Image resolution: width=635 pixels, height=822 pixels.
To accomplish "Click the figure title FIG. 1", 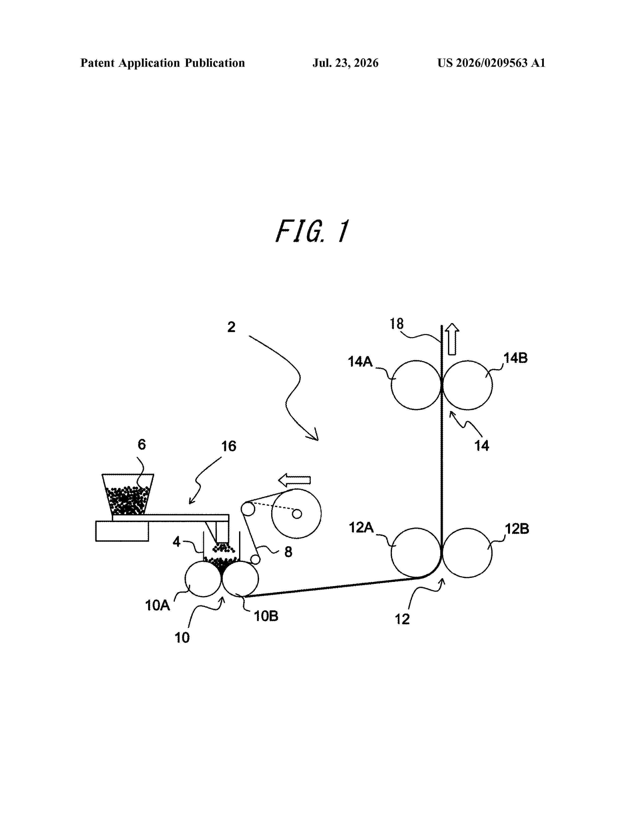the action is coord(312,231).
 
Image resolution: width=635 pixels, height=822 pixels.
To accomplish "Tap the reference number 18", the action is coord(396,324).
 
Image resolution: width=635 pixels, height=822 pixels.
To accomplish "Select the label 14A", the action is coord(360,362).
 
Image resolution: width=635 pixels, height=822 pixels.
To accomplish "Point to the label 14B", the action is coord(516,358).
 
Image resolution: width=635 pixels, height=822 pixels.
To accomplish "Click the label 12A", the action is coord(361,528).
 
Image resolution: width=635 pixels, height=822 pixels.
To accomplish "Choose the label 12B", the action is coord(517,529).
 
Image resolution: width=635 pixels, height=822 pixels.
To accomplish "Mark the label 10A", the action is coord(158,606).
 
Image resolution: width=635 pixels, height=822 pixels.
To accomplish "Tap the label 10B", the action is coord(266,616).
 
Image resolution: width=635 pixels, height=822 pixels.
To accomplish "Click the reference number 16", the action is coord(228,446).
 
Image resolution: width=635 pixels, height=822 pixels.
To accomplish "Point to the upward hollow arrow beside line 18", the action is coord(452,339).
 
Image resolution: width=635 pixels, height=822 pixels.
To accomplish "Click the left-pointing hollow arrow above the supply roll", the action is coord(294,480).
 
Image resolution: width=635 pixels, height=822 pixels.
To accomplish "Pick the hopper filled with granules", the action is coord(128,494).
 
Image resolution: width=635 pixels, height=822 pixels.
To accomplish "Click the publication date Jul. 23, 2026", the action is coord(345,63).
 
